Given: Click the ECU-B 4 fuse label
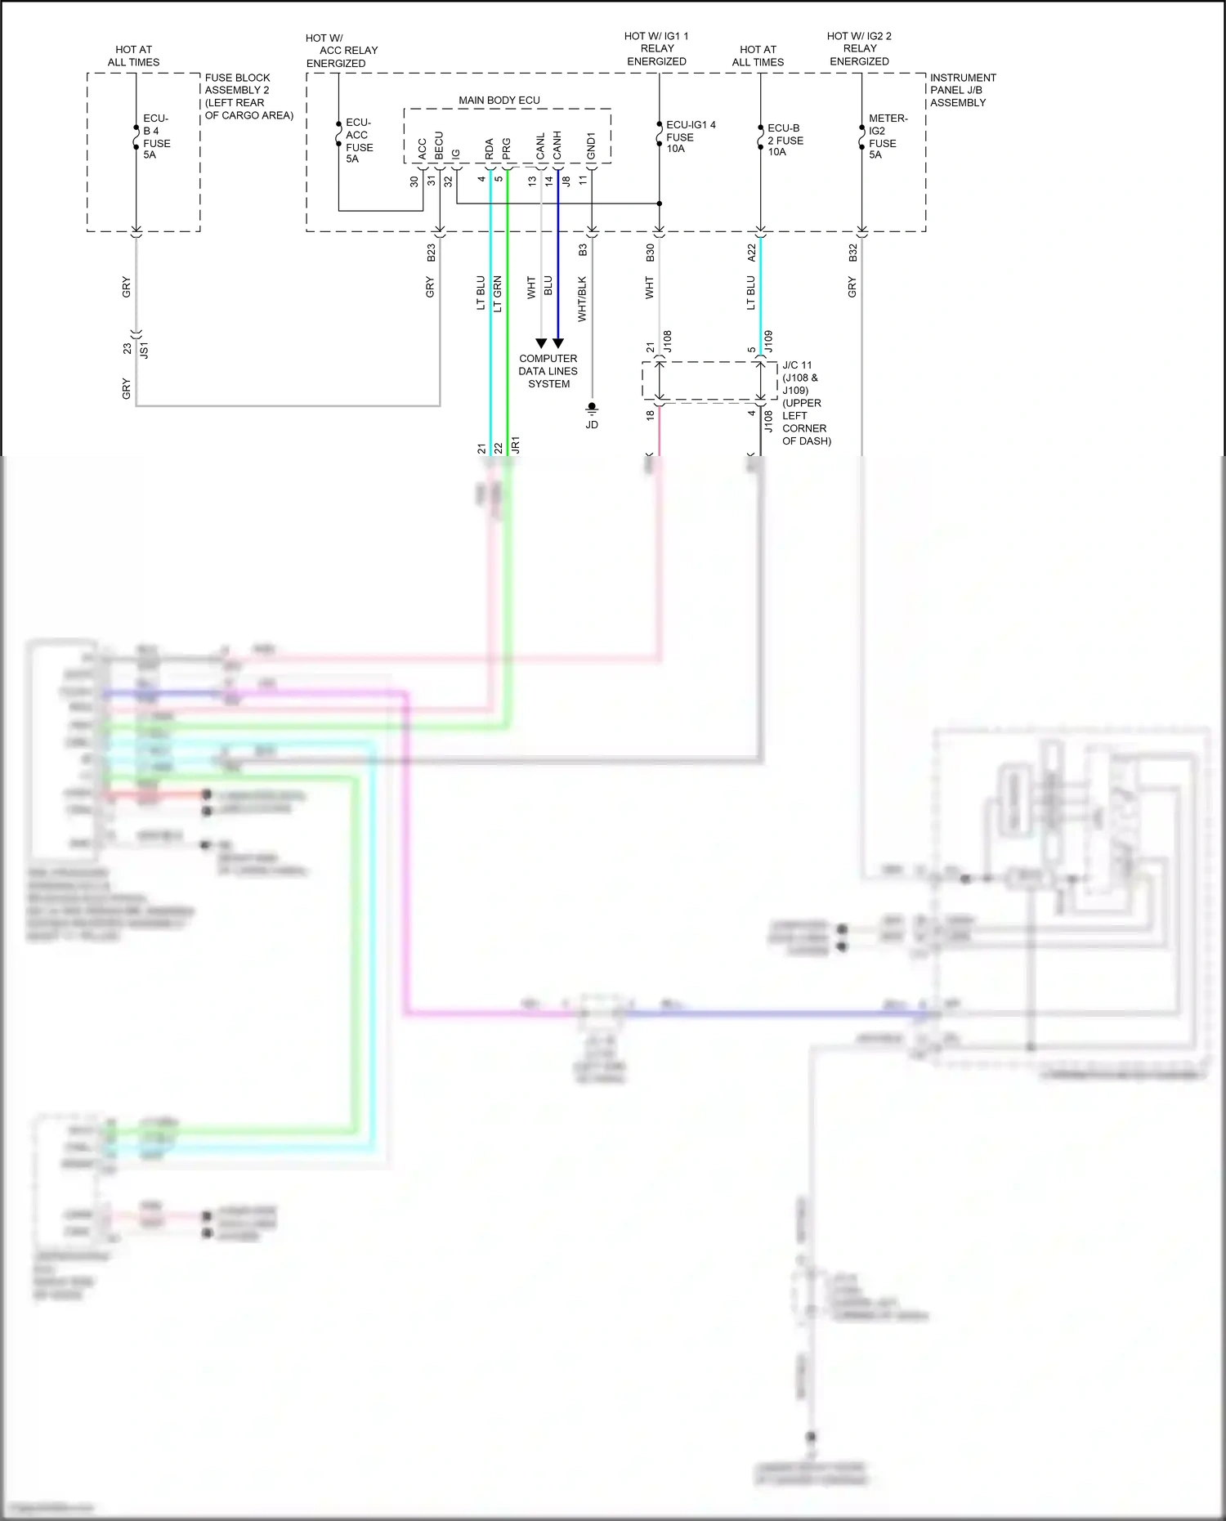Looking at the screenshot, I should (156, 136).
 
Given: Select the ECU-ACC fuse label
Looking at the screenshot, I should (359, 141).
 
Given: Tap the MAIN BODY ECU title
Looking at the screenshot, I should (499, 101).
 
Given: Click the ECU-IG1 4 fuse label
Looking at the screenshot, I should (690, 136).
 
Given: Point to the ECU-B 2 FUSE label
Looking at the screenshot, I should (785, 140).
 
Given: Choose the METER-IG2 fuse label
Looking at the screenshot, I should (887, 136).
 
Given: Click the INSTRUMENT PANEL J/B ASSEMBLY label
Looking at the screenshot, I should (962, 90).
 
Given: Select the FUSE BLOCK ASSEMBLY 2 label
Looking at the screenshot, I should (248, 96).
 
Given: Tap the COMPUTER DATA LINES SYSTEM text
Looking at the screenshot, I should (548, 371).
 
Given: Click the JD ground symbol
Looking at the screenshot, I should (592, 408).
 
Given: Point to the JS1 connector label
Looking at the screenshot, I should (145, 351).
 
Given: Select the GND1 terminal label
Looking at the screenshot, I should (591, 145).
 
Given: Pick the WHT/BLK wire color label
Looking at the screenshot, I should (582, 298).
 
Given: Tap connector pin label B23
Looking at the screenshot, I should (431, 253).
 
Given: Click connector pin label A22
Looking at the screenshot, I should (751, 253).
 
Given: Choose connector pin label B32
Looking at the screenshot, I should (852, 253).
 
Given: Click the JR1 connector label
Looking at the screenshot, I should (515, 445).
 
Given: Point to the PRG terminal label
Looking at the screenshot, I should (506, 148).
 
